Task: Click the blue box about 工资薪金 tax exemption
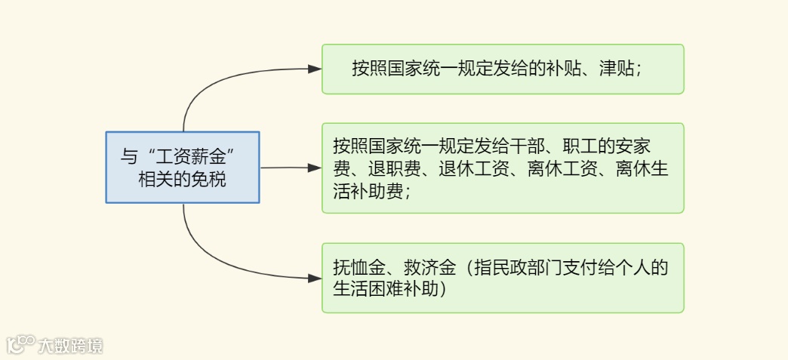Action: [182, 167]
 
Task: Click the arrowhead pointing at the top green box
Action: [316, 69]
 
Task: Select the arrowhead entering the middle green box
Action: [316, 168]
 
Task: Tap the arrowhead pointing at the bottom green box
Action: [316, 278]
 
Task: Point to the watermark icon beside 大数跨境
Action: [20, 345]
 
